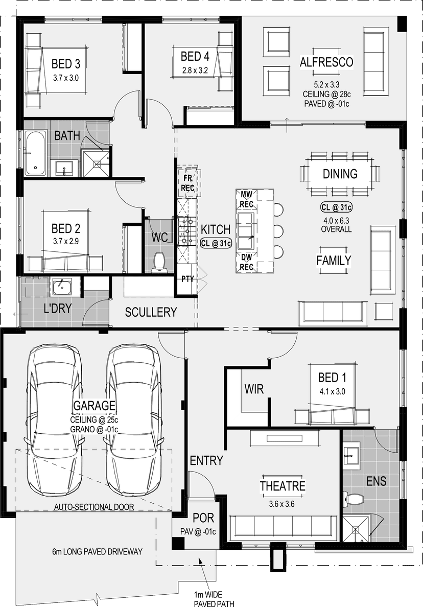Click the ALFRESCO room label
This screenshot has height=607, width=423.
click(x=326, y=62)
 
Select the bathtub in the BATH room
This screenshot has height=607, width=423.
click(x=35, y=153)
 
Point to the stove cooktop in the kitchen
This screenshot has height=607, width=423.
click(x=187, y=231)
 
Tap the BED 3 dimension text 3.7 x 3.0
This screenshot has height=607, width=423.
click(x=66, y=78)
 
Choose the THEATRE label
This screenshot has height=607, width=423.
click(x=283, y=486)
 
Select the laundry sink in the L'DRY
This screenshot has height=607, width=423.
click(x=61, y=287)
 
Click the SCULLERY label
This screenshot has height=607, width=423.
click(x=151, y=312)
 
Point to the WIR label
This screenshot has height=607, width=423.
click(x=254, y=389)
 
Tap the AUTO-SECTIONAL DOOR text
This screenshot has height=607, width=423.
click(x=94, y=507)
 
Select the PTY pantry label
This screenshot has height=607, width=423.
click(x=187, y=279)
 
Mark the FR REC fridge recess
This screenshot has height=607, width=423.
click(x=187, y=183)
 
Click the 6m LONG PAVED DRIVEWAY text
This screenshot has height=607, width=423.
click(x=97, y=551)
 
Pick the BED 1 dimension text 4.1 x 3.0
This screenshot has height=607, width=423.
click(x=332, y=391)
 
